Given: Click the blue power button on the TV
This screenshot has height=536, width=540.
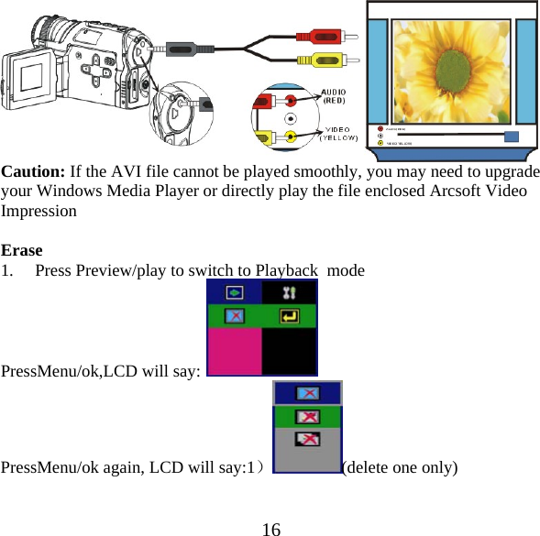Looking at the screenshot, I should point(512,137).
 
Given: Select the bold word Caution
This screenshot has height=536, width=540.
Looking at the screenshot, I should point(33,171).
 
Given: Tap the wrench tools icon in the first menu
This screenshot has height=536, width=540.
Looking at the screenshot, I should point(290,293).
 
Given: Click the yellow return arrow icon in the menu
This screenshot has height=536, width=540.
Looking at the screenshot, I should point(290,317).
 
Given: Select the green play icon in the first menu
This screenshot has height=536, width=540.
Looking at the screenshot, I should point(235,293).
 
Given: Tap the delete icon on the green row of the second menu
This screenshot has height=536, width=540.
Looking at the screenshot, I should point(308,417).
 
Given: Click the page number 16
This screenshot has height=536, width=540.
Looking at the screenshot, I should point(270,528).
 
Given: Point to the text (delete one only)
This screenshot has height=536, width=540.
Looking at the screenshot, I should point(400,466).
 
